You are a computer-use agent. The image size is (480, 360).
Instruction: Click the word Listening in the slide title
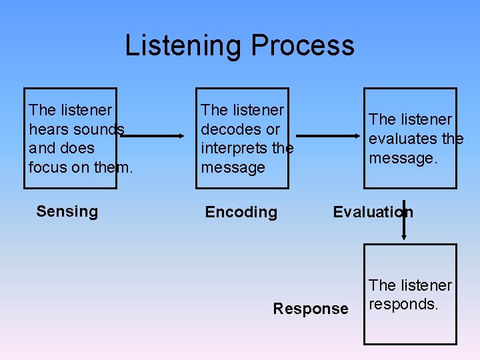coord(184,46)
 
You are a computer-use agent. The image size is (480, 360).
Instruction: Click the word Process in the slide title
coord(303,46)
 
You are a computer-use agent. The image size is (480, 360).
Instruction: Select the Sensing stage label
coord(67,211)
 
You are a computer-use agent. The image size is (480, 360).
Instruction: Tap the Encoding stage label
coord(241,212)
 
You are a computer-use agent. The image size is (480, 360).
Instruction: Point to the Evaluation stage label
coord(373,212)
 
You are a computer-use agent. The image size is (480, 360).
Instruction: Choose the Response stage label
coord(310,309)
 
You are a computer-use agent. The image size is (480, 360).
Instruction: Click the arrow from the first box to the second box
coord(154,136)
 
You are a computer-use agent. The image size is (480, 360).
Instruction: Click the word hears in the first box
coord(50,129)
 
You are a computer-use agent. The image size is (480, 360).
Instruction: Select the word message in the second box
coord(233,167)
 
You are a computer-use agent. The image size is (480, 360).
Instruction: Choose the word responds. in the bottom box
coord(403,304)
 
